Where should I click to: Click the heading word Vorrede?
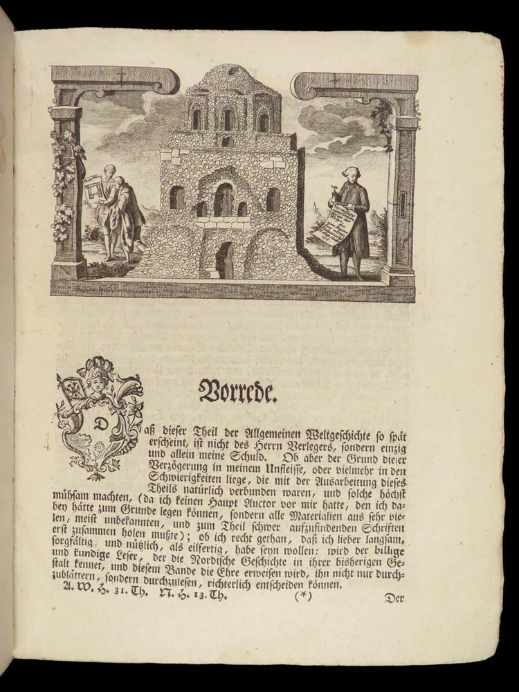[x=238, y=391]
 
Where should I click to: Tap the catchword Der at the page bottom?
[x=394, y=599]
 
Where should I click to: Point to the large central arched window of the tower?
[x=223, y=199]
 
